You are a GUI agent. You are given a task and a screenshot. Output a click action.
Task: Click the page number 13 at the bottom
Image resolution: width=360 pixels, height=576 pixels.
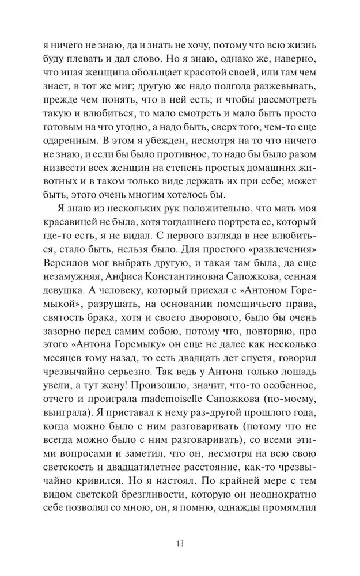[x=180, y=543]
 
